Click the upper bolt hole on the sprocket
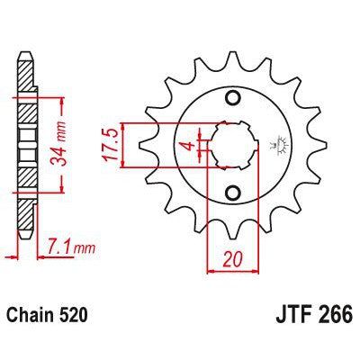pos(233,98)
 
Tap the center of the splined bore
pos(233,144)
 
